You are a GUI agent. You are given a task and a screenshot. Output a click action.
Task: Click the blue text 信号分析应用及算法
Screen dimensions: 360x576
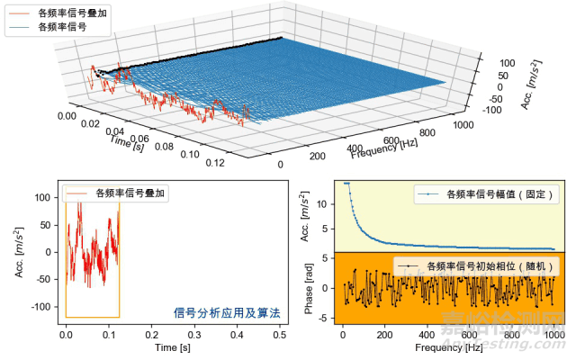[226, 313]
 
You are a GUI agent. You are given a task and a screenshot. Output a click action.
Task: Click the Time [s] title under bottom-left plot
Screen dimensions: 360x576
[173, 346]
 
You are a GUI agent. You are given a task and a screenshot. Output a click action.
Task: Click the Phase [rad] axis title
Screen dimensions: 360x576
[310, 288]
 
